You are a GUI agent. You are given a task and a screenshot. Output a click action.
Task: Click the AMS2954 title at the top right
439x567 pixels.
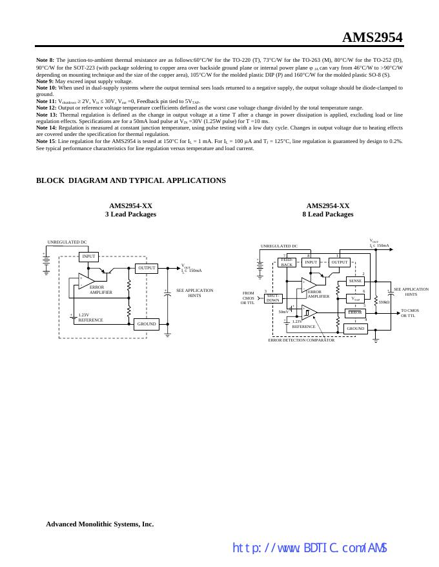(x=372, y=37)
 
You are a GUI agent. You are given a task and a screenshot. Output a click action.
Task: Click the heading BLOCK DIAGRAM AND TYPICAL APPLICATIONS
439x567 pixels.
(x=131, y=180)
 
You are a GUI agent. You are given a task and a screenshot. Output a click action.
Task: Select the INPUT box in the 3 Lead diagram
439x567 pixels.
(x=88, y=256)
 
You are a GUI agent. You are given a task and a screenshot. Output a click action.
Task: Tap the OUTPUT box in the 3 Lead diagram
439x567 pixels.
(x=147, y=268)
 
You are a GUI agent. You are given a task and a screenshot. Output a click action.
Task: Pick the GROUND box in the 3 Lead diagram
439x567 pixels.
(x=147, y=323)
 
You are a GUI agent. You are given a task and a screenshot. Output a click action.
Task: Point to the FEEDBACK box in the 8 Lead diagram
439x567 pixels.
(x=287, y=262)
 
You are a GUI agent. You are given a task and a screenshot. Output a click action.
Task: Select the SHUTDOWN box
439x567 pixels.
(x=273, y=298)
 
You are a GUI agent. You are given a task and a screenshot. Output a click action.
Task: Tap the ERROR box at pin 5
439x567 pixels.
(x=355, y=312)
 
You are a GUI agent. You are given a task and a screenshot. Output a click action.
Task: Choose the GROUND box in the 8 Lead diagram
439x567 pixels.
(x=355, y=328)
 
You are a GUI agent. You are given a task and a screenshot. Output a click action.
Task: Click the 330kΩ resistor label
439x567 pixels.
(x=383, y=302)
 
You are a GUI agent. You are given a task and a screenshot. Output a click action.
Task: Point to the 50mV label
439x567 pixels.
(x=284, y=312)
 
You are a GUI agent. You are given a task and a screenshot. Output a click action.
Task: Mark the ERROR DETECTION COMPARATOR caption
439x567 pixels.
(x=301, y=340)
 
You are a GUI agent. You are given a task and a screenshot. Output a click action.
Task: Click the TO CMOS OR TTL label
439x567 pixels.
(x=409, y=313)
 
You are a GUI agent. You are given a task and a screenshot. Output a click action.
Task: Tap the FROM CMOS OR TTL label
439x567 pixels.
(x=249, y=298)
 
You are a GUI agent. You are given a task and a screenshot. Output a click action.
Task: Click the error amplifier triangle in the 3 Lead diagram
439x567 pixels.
(x=86, y=280)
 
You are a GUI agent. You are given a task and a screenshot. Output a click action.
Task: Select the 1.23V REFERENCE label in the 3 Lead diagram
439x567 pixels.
(x=90, y=317)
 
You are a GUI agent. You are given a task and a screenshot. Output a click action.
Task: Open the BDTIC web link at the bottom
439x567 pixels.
(x=309, y=548)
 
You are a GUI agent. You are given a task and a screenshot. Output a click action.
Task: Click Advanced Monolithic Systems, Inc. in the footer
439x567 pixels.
(x=99, y=524)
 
